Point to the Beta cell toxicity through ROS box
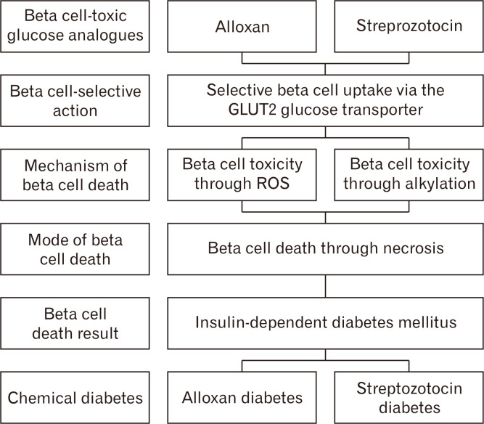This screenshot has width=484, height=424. click(242, 174)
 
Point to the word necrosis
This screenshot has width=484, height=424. click(409, 248)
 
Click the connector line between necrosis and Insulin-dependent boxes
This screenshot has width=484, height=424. click(324, 285)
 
